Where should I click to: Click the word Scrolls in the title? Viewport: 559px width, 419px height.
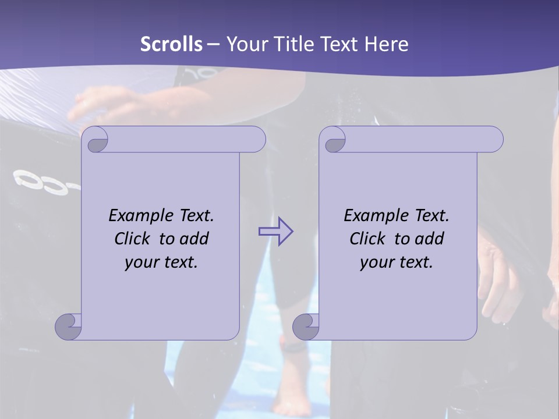[x=172, y=44]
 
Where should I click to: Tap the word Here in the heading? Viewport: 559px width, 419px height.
[x=386, y=44]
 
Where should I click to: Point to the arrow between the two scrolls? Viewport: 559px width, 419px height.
[x=275, y=231]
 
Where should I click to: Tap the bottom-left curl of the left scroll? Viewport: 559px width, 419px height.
[x=68, y=326]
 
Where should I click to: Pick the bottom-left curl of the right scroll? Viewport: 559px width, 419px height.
[x=306, y=326]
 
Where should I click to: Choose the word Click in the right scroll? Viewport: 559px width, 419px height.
[x=368, y=239]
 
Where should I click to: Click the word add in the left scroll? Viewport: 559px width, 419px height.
[x=194, y=239]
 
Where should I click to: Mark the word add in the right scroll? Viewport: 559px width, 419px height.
[x=430, y=239]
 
